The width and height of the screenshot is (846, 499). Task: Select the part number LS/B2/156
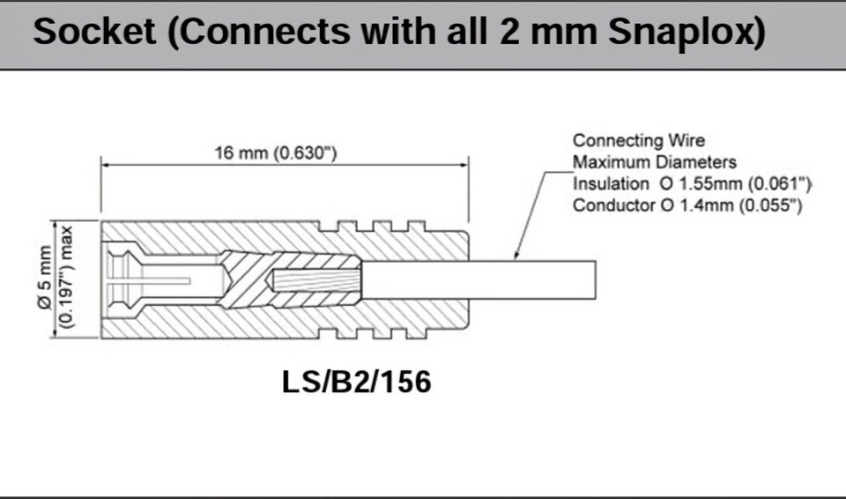[356, 382]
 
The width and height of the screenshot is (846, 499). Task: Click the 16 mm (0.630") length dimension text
[276, 153]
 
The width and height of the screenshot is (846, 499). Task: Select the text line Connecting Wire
[639, 140]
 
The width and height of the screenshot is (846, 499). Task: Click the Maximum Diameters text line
[654, 162]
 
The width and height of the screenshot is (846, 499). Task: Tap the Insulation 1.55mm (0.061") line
[692, 184]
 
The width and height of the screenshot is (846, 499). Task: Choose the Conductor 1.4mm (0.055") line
[686, 206]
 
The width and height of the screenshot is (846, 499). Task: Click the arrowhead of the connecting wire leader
[516, 255]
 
